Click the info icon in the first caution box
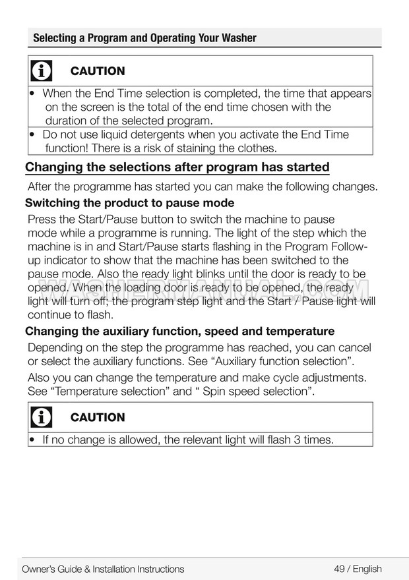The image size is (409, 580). point(42,71)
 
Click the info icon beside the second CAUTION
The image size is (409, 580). point(42,417)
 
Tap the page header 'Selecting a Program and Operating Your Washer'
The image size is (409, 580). point(144,38)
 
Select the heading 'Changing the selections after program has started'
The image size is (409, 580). point(177,167)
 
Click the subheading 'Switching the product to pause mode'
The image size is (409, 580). point(129,203)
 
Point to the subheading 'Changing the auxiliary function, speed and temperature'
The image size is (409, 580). point(179,331)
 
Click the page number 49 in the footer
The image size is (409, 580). point(339,569)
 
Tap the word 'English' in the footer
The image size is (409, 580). point(367,569)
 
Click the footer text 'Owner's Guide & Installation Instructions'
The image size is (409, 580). point(103,569)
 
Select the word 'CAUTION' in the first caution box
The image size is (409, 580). point(98,71)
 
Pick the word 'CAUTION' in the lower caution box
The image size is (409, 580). point(98,417)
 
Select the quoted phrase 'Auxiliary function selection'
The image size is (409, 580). point(276,361)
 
